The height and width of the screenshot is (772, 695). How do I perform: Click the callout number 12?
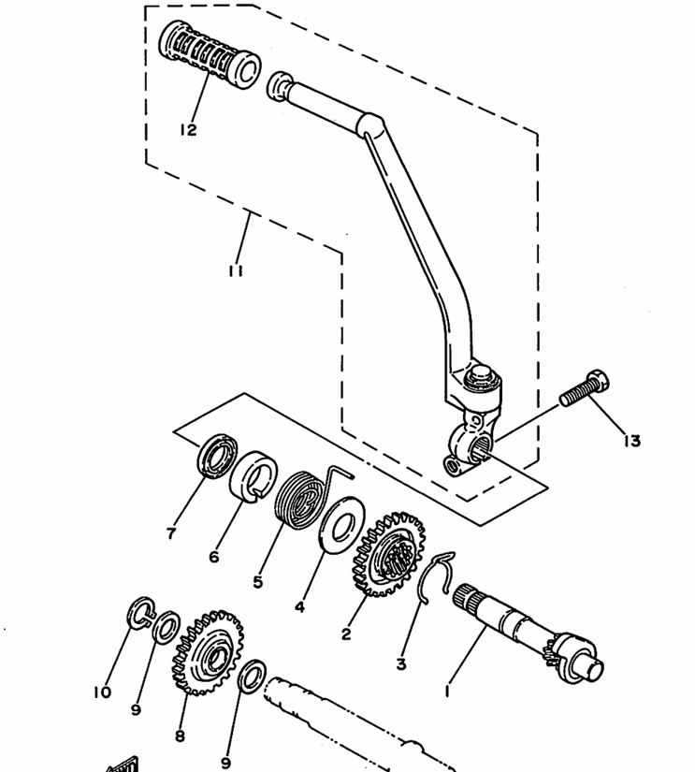[188, 130]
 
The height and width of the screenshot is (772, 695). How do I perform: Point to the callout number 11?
[236, 270]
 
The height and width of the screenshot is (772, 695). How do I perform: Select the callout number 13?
[632, 441]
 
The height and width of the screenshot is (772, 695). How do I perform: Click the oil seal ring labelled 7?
[218, 456]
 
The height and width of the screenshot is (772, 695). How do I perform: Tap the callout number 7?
[171, 533]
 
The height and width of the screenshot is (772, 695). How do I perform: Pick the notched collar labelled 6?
[253, 476]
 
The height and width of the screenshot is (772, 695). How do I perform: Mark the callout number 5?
[258, 582]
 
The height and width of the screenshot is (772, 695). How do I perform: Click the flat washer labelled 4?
[341, 525]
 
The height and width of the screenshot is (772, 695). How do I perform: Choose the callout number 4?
[299, 607]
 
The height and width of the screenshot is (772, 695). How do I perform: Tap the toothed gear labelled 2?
[388, 554]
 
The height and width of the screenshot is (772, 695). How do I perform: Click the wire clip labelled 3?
[437, 576]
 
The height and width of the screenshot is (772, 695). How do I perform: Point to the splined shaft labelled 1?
[528, 634]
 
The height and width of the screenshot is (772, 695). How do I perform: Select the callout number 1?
[447, 691]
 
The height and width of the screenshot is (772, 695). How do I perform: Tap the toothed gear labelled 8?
[208, 653]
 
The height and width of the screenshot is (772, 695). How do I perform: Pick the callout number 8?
[180, 736]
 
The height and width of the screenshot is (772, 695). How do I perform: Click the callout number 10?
[102, 692]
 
